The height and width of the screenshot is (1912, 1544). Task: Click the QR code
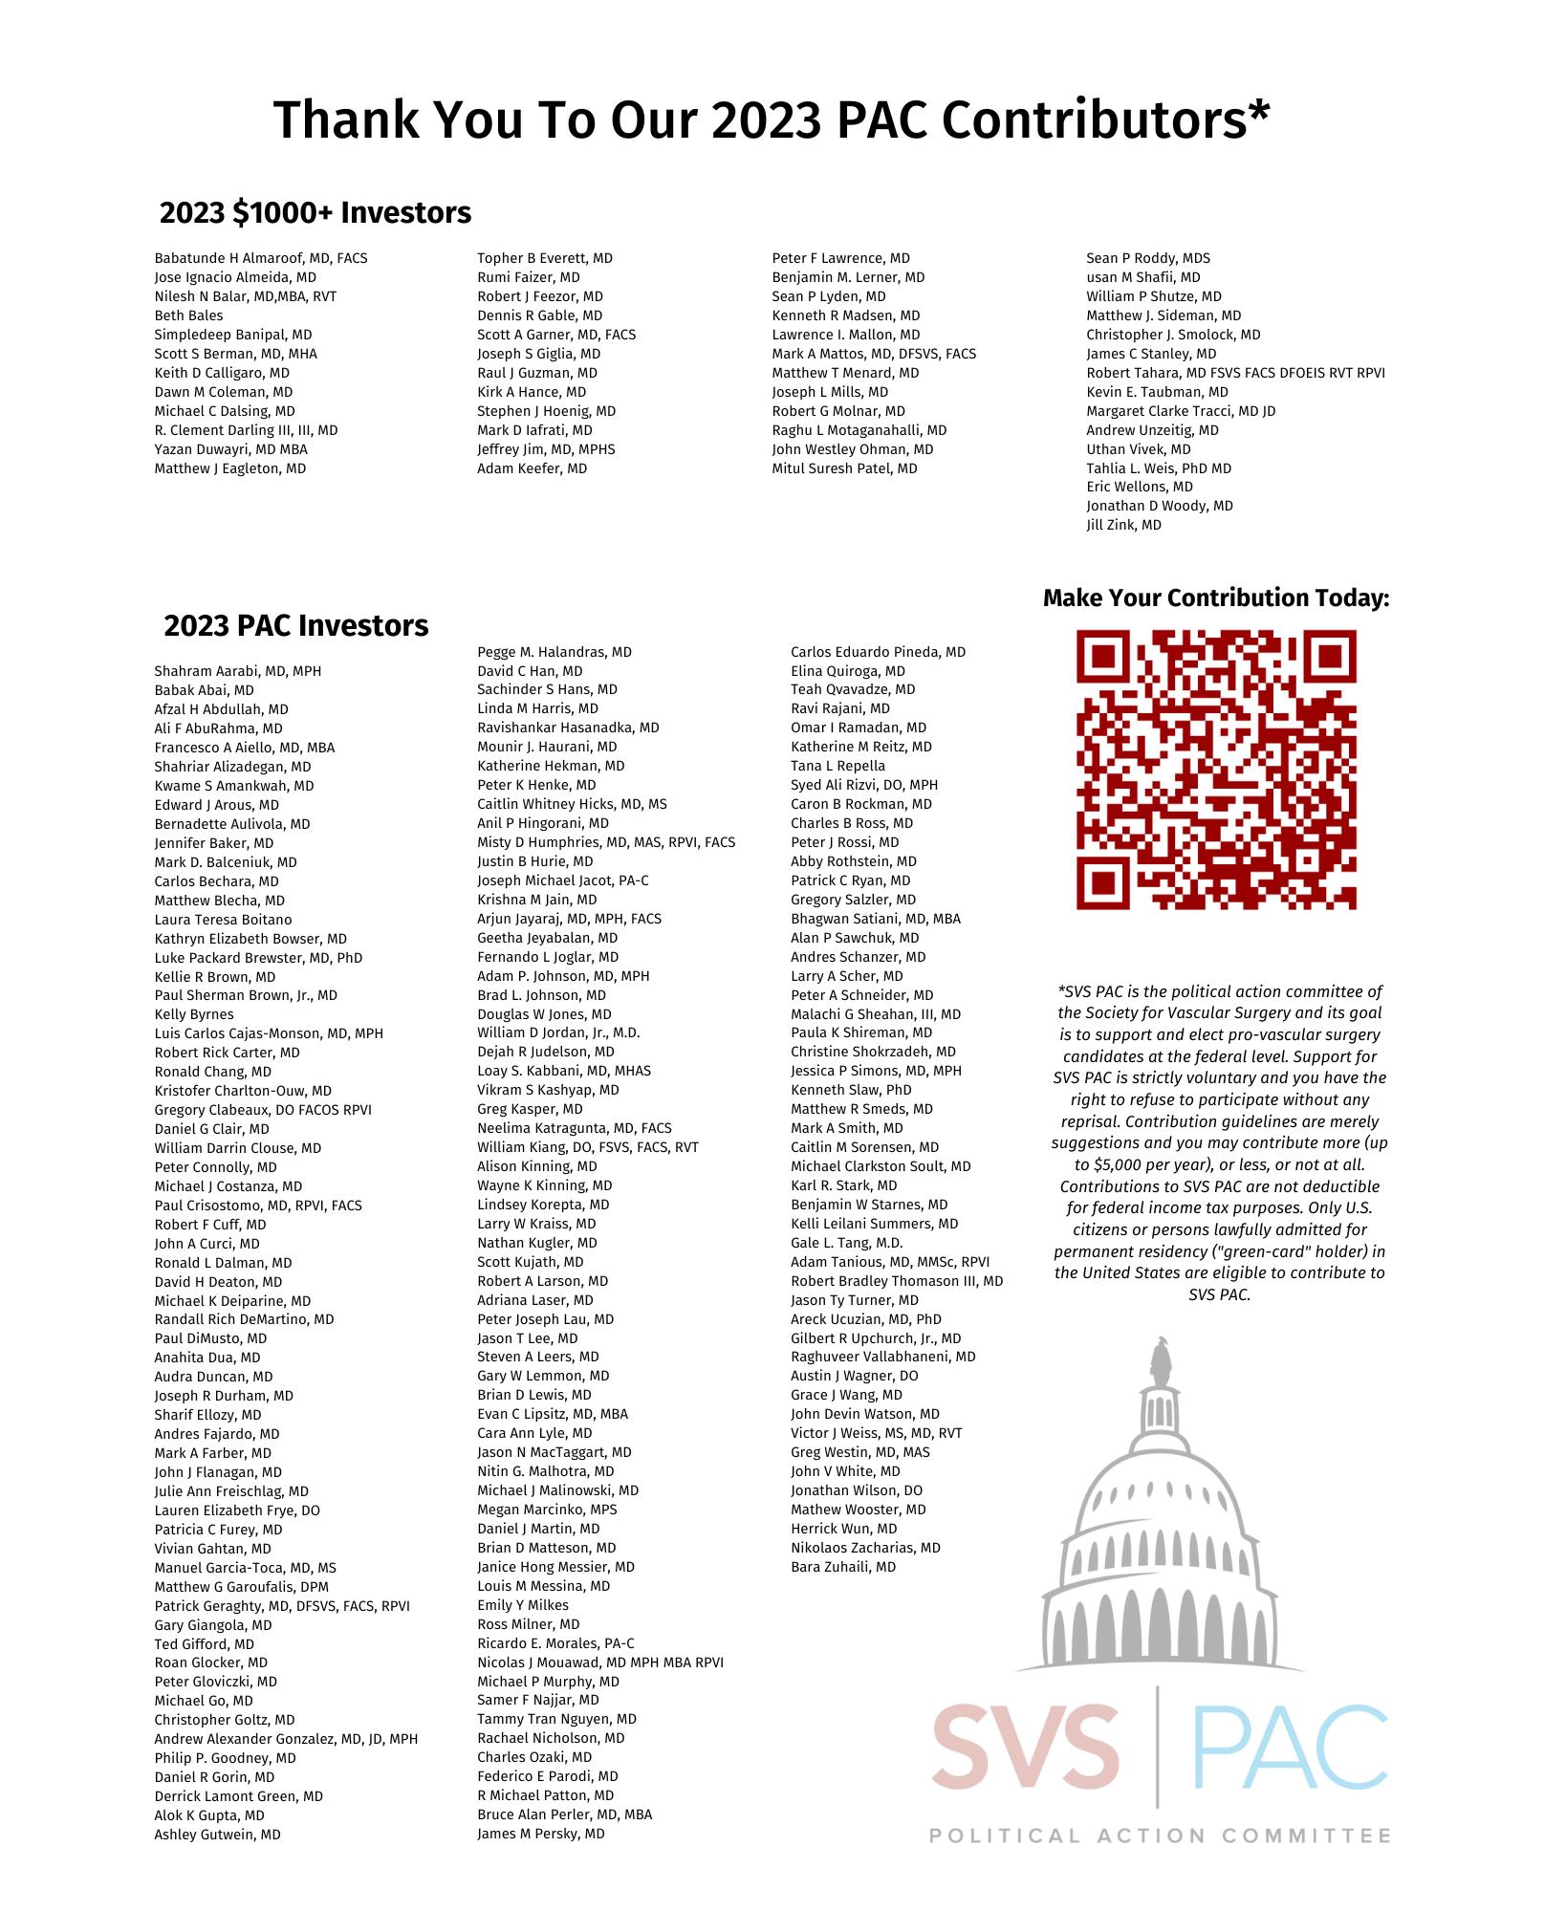[1216, 769]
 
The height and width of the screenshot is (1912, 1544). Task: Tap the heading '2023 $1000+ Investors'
[315, 212]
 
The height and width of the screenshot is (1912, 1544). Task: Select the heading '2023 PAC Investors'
[295, 625]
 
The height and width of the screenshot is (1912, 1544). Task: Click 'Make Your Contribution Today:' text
[1216, 598]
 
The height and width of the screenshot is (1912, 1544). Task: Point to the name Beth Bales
[188, 315]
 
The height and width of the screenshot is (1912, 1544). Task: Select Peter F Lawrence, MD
[840, 258]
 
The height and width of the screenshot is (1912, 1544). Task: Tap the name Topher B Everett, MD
[545, 258]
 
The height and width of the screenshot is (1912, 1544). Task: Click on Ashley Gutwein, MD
[217, 1835]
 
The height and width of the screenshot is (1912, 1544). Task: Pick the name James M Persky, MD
[540, 1834]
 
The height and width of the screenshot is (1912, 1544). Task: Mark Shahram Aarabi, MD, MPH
[237, 671]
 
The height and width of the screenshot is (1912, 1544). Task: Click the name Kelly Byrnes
[193, 1014]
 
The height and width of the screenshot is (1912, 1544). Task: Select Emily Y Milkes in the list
[522, 1605]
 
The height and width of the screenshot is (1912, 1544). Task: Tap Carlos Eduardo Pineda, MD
[878, 652]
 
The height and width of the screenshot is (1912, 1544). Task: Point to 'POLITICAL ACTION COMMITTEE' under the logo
[1160, 1836]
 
